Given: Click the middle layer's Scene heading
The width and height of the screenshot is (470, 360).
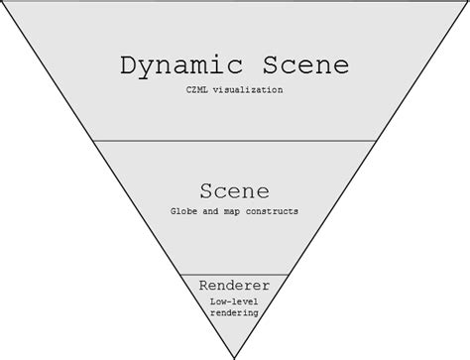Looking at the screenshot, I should click(x=235, y=190).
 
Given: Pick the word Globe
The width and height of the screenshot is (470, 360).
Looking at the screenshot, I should click(x=185, y=212).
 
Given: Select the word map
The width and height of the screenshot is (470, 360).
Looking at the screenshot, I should click(x=236, y=212).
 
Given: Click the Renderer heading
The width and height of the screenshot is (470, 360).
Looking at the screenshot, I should click(x=235, y=287).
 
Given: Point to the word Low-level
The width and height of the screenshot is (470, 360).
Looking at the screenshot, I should click(x=235, y=303).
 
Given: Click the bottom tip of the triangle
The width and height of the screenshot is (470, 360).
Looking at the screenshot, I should click(x=235, y=356).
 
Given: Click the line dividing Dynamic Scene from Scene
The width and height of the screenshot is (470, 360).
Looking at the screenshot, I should click(x=235, y=140).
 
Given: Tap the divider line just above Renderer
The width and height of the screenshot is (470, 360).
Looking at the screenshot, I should click(x=235, y=275).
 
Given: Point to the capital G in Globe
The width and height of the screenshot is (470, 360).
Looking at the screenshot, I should click(x=175, y=212).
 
